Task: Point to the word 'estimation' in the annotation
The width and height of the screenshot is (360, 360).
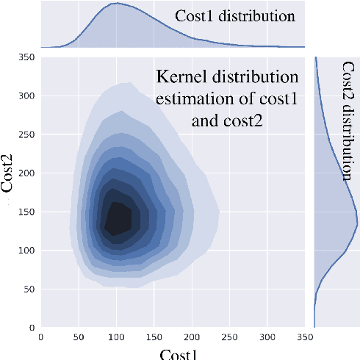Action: pos(192,98)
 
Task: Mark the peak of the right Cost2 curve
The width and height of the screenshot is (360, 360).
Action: pos(357,226)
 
